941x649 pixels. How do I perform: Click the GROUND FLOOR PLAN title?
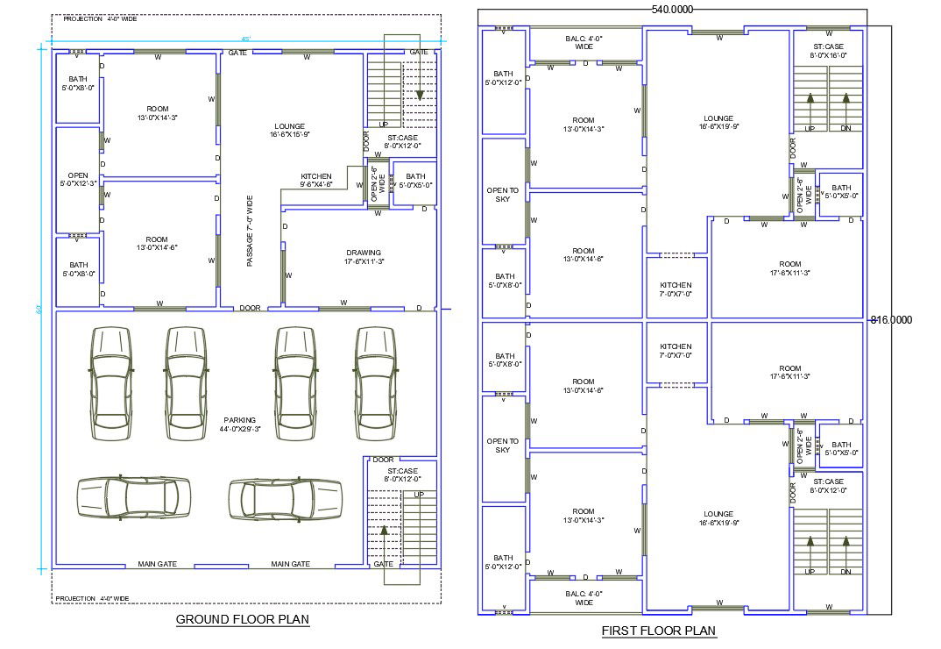[x=243, y=620]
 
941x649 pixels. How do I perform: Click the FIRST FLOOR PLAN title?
[x=658, y=631]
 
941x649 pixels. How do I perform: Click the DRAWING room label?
[x=364, y=256]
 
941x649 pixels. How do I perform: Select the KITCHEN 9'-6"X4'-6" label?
[x=316, y=181]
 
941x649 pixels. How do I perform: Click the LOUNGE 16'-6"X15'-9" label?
[x=289, y=131]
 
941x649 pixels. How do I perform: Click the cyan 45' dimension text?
[x=246, y=39]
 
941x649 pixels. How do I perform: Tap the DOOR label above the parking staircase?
[x=383, y=460]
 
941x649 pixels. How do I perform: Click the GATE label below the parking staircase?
[x=384, y=564]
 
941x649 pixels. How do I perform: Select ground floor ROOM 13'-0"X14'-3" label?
[x=158, y=113]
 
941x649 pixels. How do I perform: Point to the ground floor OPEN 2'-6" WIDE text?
[x=378, y=184]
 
